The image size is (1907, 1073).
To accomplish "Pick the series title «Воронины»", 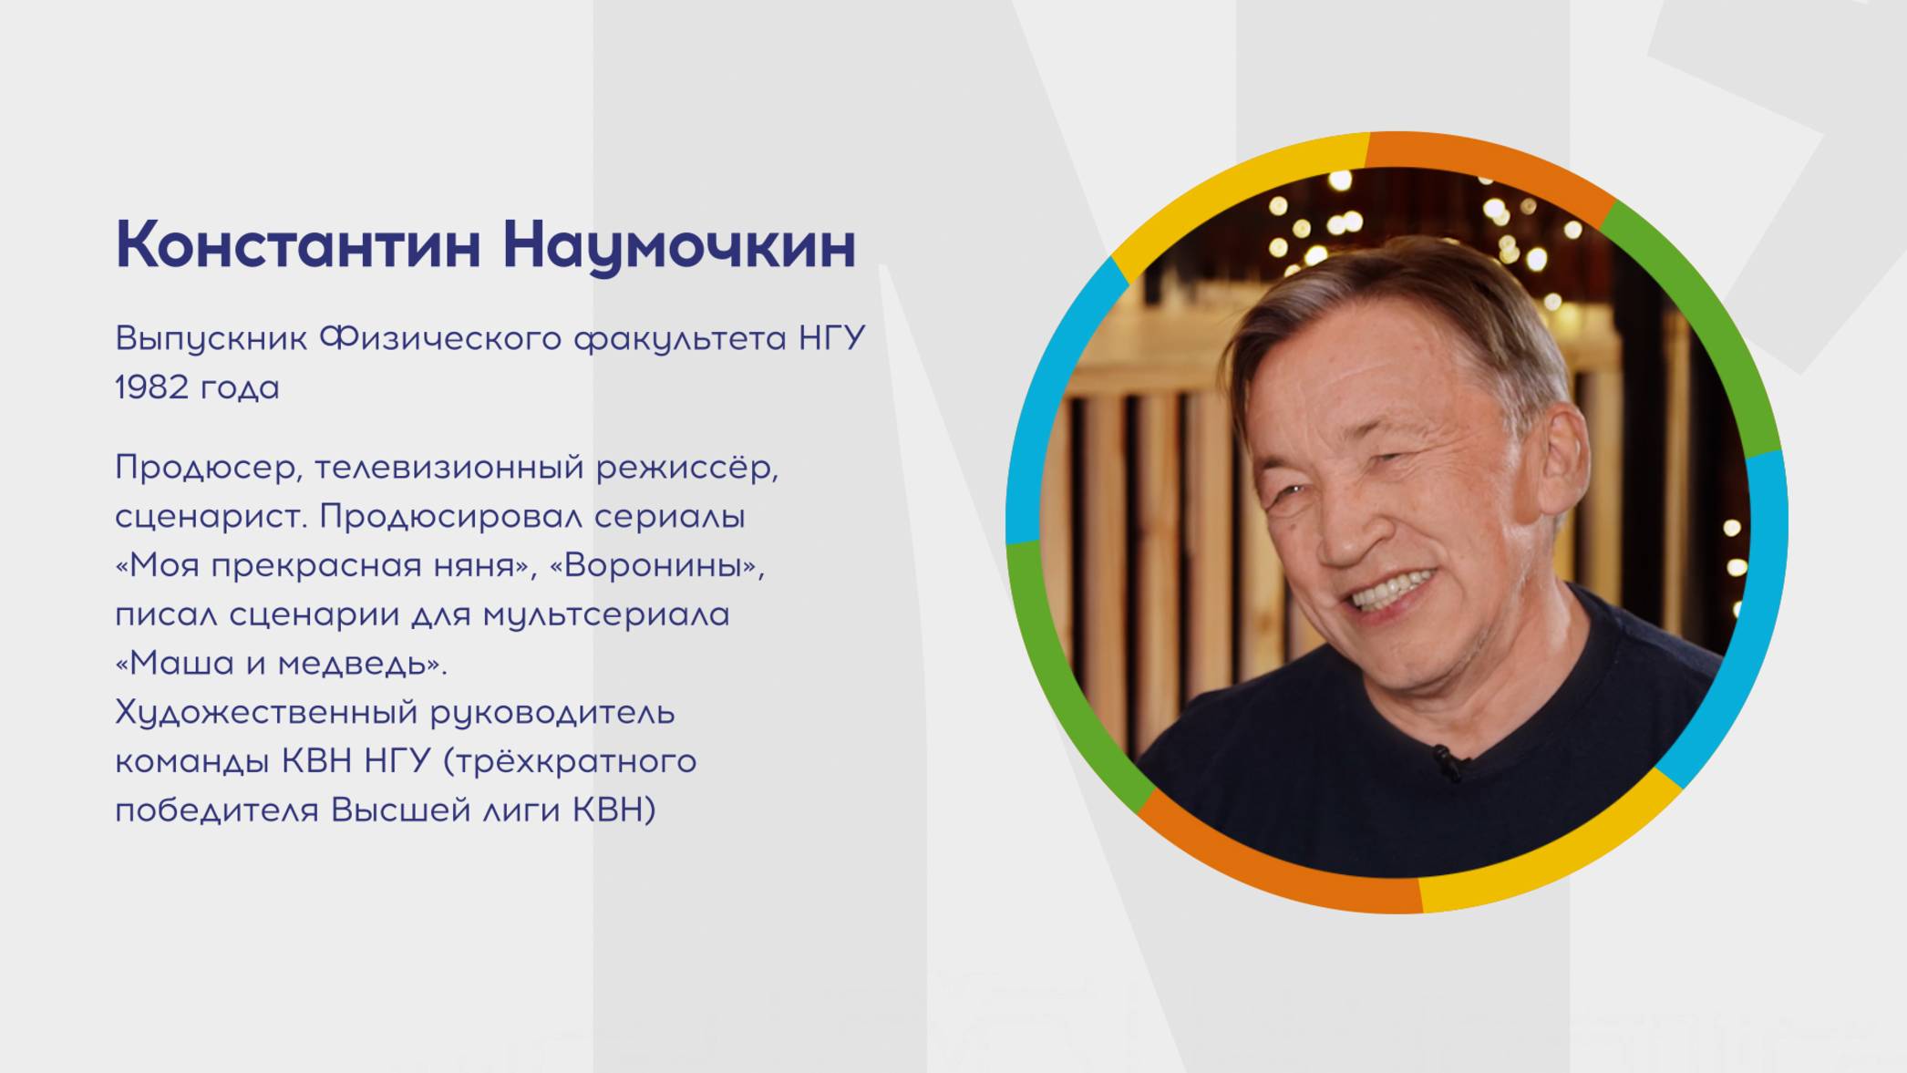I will click(656, 565).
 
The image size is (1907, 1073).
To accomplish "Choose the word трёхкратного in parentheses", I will click(574, 760).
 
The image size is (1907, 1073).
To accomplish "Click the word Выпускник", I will click(211, 339).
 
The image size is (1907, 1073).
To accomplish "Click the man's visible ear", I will click(1561, 451).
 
